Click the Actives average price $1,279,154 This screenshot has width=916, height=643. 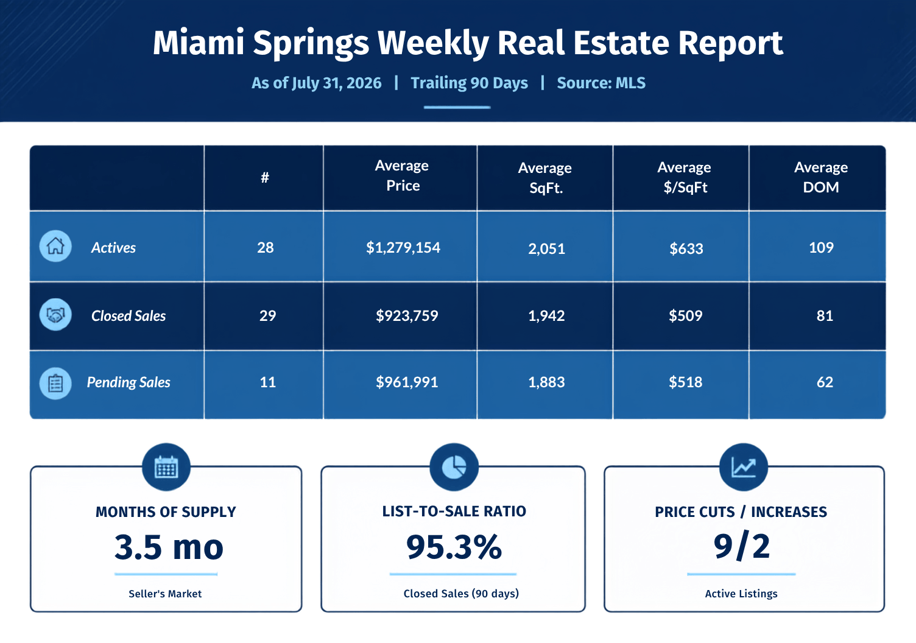403,248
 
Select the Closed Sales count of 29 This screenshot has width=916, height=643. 267,315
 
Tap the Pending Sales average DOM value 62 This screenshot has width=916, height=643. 825,382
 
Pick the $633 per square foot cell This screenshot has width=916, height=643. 686,248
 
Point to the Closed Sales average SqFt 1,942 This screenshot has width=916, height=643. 546,315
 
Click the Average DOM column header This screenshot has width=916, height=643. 821,177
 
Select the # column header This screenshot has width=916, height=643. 265,177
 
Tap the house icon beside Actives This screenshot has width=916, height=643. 55,246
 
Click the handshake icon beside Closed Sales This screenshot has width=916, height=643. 55,315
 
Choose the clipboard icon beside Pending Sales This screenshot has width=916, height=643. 55,384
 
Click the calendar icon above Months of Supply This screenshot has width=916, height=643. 166,467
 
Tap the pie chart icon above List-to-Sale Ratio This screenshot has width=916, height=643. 454,467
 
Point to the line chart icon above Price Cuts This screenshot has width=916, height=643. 743,467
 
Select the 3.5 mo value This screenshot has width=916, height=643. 169,547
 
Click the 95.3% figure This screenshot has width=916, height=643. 454,547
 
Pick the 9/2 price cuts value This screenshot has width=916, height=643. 742,546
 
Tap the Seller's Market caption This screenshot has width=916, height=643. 165,594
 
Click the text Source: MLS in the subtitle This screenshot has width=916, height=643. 601,83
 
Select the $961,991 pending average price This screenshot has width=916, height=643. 407,382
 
